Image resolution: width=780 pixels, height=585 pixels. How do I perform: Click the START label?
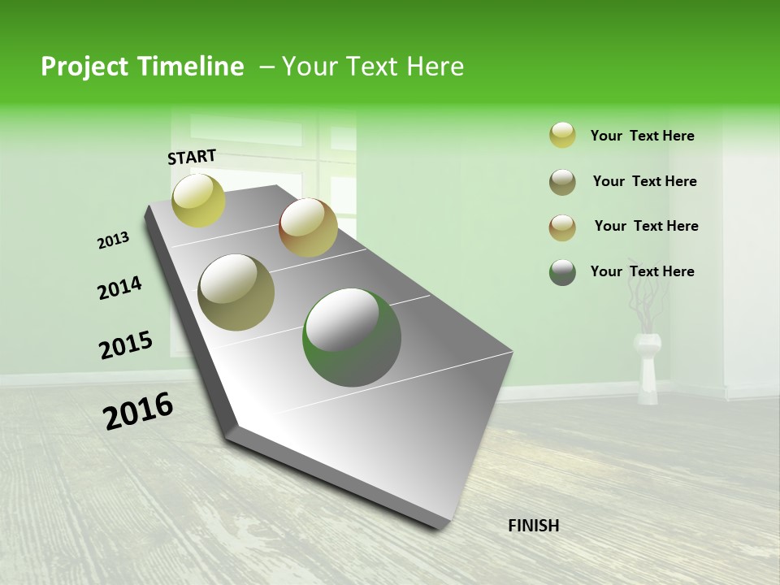(192, 157)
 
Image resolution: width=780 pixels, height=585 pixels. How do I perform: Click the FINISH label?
(533, 526)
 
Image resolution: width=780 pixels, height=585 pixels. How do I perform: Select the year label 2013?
(113, 240)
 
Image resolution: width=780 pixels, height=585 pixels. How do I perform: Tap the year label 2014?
(119, 288)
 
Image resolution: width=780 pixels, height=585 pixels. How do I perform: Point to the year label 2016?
(138, 411)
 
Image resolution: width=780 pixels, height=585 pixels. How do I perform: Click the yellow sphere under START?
(198, 200)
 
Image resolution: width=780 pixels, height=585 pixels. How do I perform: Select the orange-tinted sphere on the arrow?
(308, 227)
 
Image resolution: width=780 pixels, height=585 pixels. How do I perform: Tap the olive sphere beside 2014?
(236, 292)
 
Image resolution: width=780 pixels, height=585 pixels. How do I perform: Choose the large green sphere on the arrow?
(351, 337)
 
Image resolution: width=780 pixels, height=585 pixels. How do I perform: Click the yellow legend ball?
(562, 136)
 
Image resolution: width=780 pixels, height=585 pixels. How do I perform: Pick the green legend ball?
(562, 272)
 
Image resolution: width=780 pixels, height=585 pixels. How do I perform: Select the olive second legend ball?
(562, 182)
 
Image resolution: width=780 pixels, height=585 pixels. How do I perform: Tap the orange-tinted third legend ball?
(562, 227)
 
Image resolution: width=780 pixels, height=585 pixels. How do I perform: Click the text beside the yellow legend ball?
(642, 136)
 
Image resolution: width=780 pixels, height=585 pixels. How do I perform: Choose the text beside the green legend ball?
(642, 271)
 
